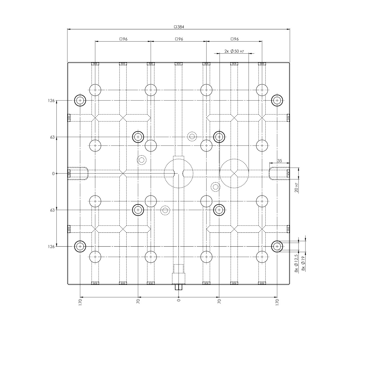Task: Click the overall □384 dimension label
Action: click(x=179, y=27)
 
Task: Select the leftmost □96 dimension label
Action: click(x=123, y=39)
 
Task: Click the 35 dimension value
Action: click(x=279, y=161)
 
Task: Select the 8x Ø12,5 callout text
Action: click(x=296, y=264)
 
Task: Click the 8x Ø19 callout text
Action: click(x=303, y=264)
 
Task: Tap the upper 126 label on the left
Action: click(x=51, y=101)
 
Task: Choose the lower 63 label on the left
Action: click(x=52, y=210)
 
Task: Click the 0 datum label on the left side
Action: click(x=53, y=174)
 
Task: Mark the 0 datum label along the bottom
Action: click(x=179, y=301)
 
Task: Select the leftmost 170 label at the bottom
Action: click(x=80, y=302)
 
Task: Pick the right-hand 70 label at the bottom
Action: click(x=219, y=302)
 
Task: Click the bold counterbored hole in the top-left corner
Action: click(x=80, y=100)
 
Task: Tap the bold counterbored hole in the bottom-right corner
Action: click(x=277, y=246)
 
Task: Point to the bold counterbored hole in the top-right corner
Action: click(x=277, y=100)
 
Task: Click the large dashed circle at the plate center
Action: click(x=179, y=174)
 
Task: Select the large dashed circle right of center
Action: click(x=234, y=174)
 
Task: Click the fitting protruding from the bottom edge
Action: click(x=179, y=287)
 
